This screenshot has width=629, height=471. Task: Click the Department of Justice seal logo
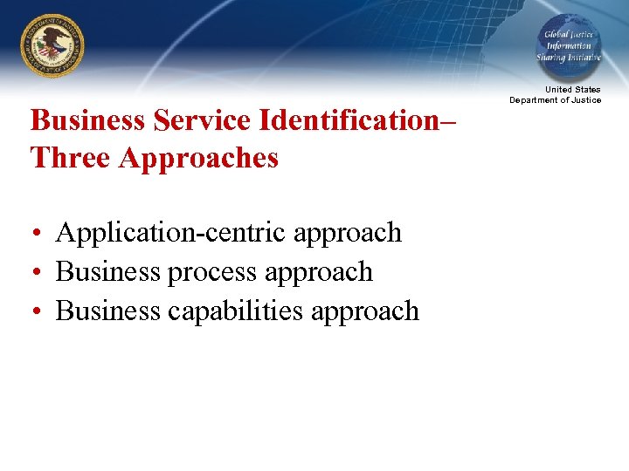point(52,47)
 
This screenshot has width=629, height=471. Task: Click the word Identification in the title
point(349,120)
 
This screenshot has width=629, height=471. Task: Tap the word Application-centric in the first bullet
point(170,233)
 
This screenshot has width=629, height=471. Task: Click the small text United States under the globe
point(572,90)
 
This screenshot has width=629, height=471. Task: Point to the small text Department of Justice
point(556,100)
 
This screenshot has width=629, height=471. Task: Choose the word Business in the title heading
point(88,120)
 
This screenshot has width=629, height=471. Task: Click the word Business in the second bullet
point(107,272)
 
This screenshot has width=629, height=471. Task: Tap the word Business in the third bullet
point(107,311)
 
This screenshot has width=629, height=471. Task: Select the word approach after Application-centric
point(348,234)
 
